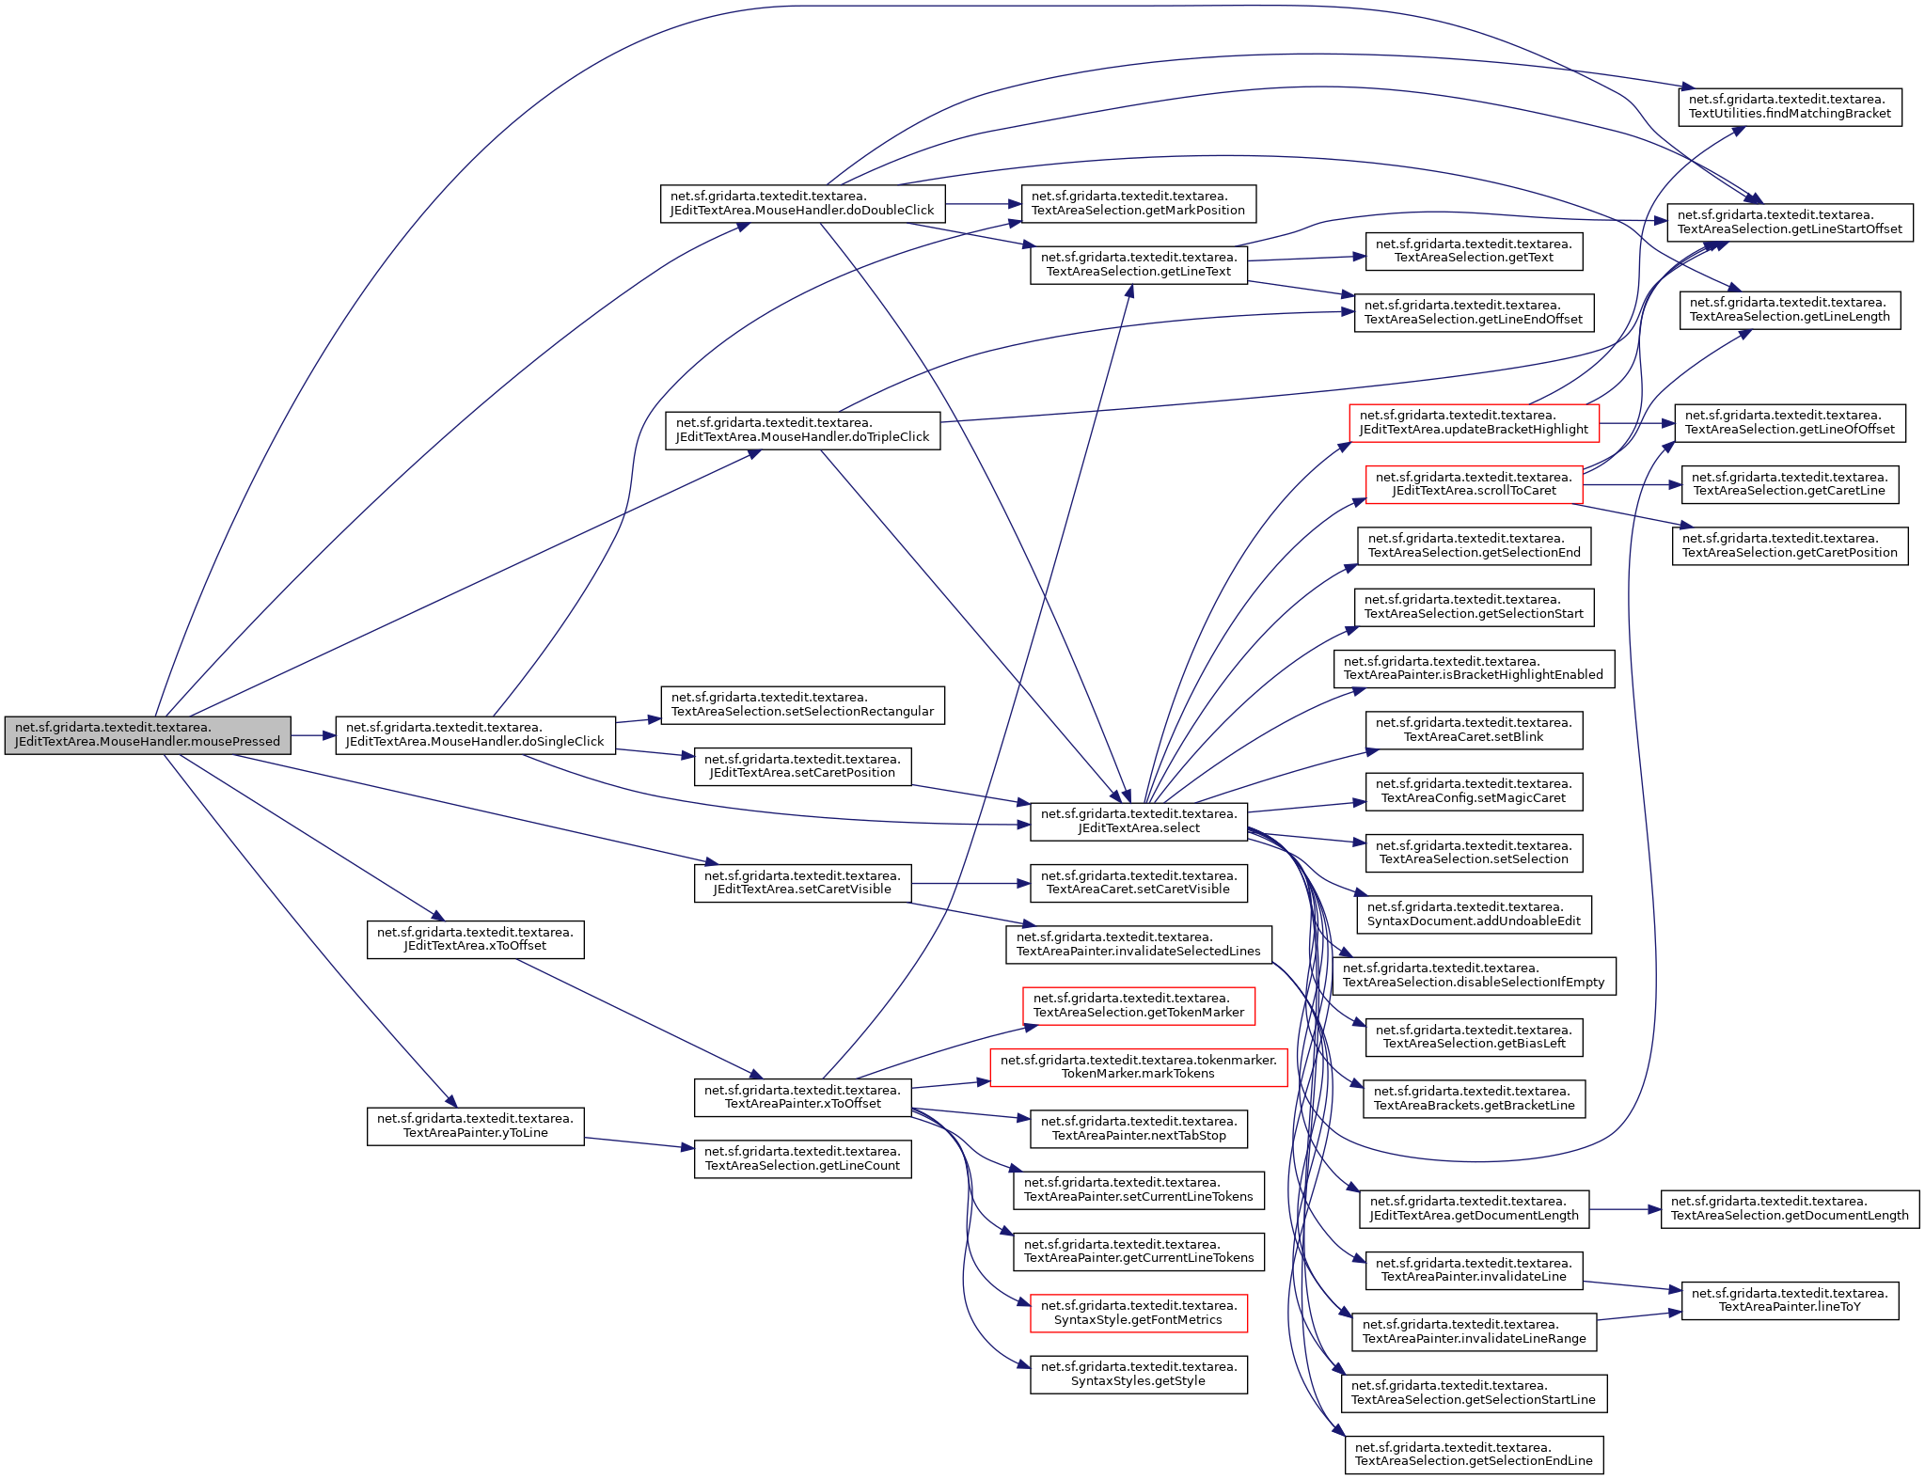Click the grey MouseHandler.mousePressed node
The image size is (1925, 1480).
[148, 734]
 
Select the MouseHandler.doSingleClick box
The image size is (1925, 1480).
[475, 734]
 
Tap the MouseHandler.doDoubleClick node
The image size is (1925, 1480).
[802, 203]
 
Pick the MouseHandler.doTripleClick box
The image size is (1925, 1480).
[802, 430]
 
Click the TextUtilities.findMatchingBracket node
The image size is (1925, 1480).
[1790, 106]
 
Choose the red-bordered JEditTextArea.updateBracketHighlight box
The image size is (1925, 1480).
[1474, 422]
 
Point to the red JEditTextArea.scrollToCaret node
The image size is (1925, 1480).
[1474, 484]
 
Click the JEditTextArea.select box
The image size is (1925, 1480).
[1139, 821]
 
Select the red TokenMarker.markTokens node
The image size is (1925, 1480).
[1139, 1067]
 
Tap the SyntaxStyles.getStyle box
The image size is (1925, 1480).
[1139, 1374]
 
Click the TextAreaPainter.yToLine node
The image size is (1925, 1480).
[475, 1126]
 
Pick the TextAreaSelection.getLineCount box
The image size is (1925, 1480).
[802, 1158]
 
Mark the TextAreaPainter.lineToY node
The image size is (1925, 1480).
[1790, 1299]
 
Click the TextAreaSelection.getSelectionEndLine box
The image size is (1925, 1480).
[1474, 1455]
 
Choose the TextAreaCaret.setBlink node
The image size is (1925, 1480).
[1474, 730]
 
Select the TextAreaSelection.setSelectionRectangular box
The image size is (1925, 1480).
[802, 704]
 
